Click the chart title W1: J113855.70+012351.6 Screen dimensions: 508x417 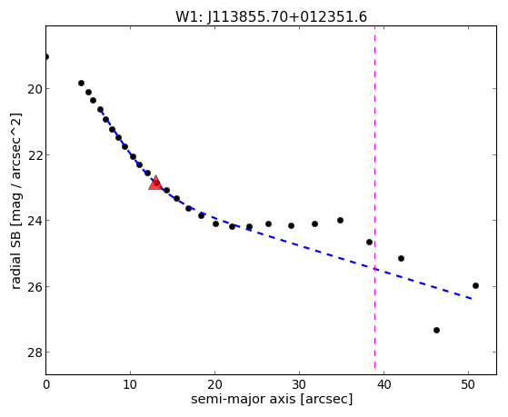(271, 16)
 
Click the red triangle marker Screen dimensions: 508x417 (155, 184)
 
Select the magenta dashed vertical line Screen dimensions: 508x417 (374, 197)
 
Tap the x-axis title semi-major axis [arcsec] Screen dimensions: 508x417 (272, 399)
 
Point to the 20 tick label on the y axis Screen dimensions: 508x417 (35, 89)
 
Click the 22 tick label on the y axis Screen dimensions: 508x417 (35, 154)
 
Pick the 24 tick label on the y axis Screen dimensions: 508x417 (35, 221)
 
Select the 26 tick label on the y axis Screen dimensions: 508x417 (35, 287)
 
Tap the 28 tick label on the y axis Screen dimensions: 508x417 (35, 352)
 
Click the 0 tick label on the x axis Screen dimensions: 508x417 (46, 384)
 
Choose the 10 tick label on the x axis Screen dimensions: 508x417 (130, 384)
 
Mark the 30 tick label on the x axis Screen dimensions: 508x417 (299, 384)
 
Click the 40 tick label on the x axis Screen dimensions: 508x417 (383, 384)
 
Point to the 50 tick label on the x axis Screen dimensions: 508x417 (469, 384)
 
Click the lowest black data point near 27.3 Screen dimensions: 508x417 (436, 330)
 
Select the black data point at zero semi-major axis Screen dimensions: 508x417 (46, 57)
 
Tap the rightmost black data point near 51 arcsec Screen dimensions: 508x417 (475, 285)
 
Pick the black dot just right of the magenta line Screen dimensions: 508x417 (401, 258)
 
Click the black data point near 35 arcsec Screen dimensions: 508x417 (340, 221)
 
